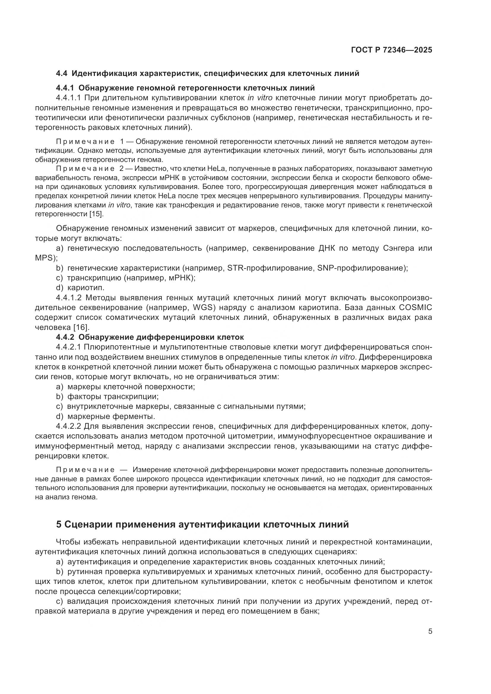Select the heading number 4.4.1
pyautogui.click(x=65, y=88)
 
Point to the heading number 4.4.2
pyautogui.click(x=65, y=337)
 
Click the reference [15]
pyautogui.click(x=96, y=214)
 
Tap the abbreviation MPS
pyautogui.click(x=45, y=258)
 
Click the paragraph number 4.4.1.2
pyautogui.click(x=69, y=298)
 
